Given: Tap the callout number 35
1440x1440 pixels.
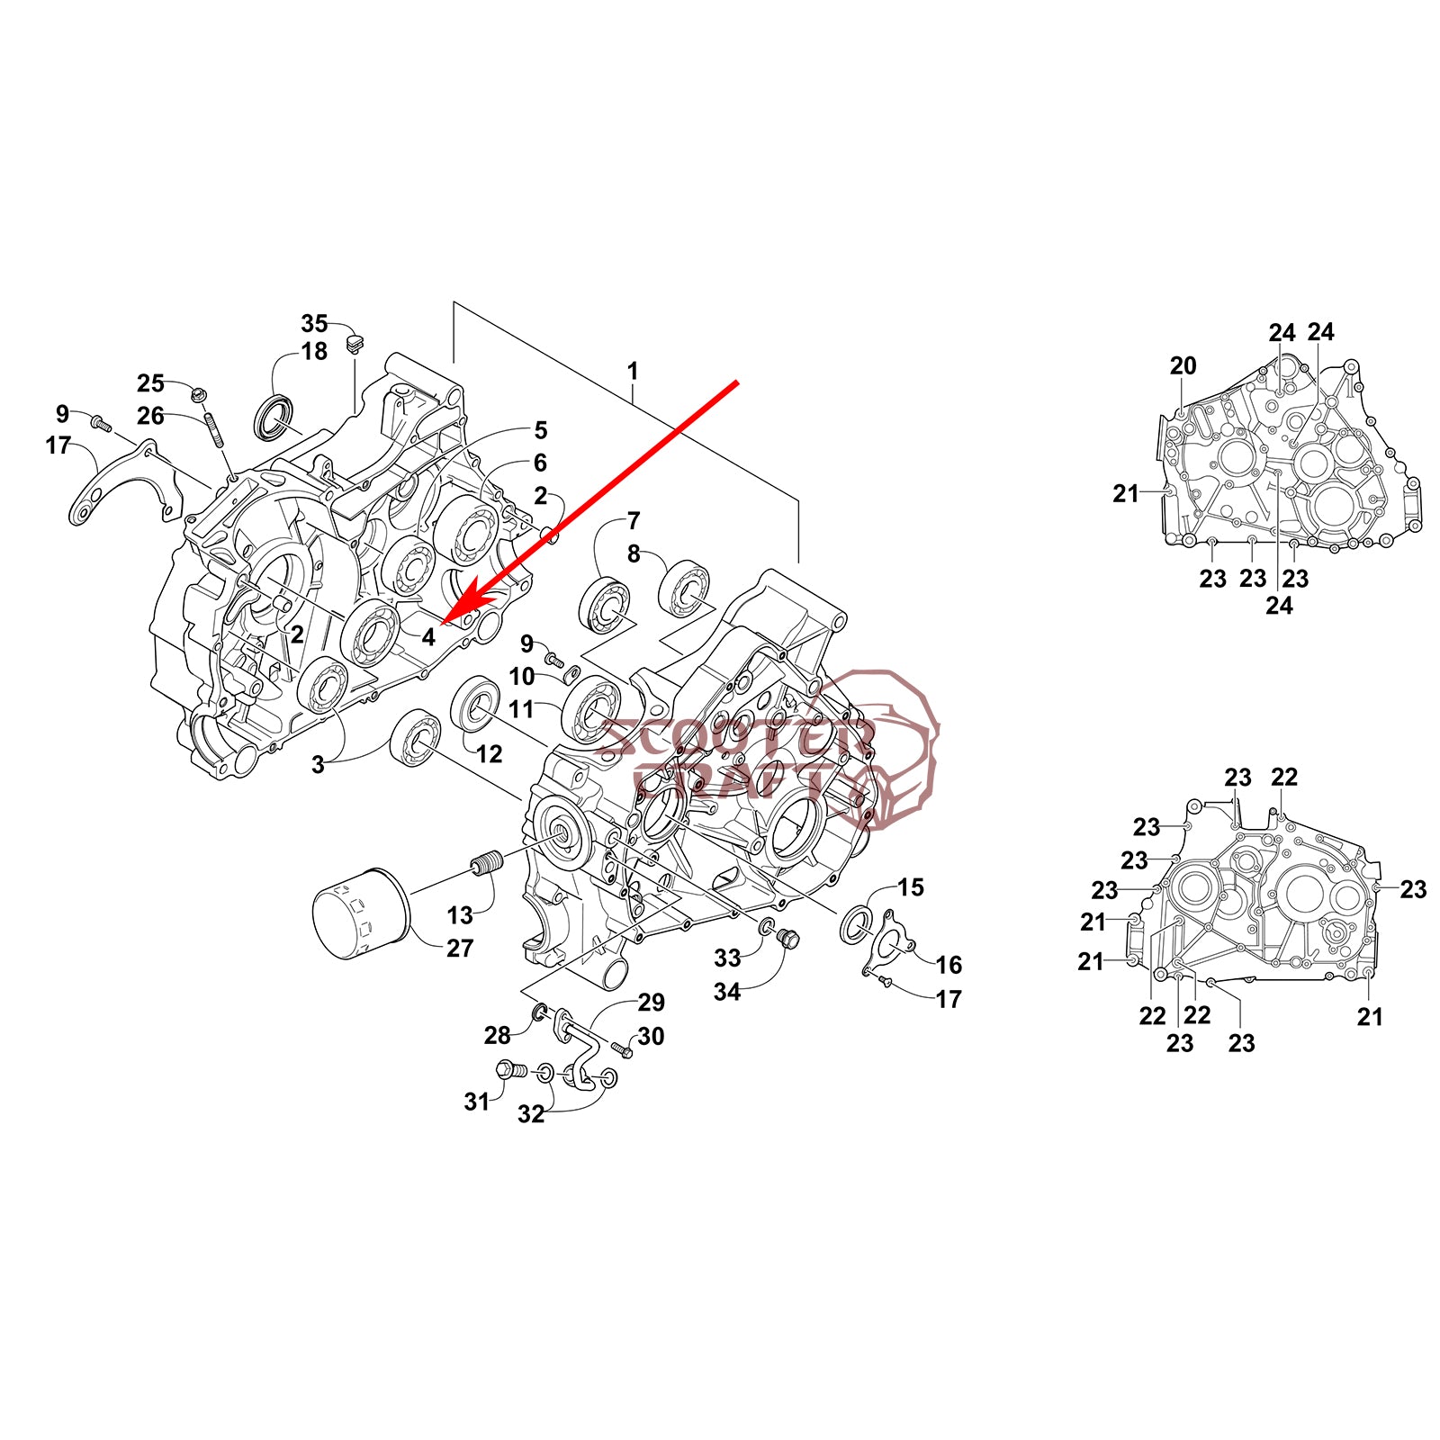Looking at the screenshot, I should tap(314, 323).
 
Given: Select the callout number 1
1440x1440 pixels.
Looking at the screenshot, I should tap(633, 371).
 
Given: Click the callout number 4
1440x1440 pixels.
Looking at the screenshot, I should tap(428, 636).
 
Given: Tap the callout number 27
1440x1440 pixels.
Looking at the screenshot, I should tap(460, 948).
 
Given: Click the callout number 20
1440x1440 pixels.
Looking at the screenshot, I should tap(1183, 365).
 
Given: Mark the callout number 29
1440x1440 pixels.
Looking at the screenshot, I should tap(651, 1002).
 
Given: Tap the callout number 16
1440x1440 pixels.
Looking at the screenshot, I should tap(949, 965).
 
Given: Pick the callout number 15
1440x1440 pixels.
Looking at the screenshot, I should tap(911, 887).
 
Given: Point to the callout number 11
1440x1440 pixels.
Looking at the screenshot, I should tap(521, 709).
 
